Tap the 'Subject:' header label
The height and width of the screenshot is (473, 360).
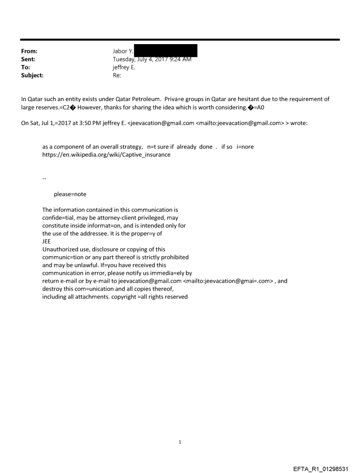(31, 75)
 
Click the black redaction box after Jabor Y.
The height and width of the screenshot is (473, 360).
(165, 51)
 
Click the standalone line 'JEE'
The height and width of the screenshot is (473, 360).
(47, 241)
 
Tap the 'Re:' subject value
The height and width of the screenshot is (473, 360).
(117, 75)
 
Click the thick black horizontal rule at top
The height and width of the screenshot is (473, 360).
(180, 40)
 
